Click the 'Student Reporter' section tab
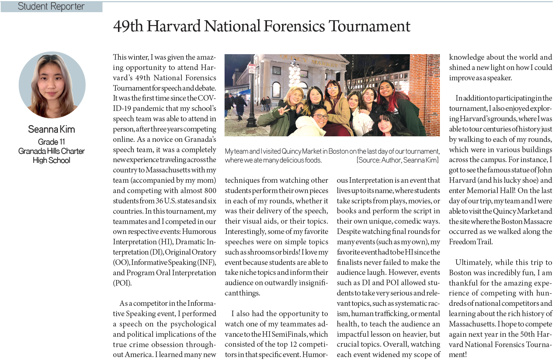pos(51,7)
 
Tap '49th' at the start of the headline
pos(128,27)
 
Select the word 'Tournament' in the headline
pos(369,27)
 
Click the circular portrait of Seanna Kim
pos(52,85)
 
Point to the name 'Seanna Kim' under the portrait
pos(52,129)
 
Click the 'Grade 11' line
pos(52,142)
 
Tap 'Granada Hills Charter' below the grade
pos(52,151)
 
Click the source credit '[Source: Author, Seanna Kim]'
pos(397,160)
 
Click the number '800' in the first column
pos(210,191)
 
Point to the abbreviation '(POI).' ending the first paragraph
pos(122,283)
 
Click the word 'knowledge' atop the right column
pos(466,57)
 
